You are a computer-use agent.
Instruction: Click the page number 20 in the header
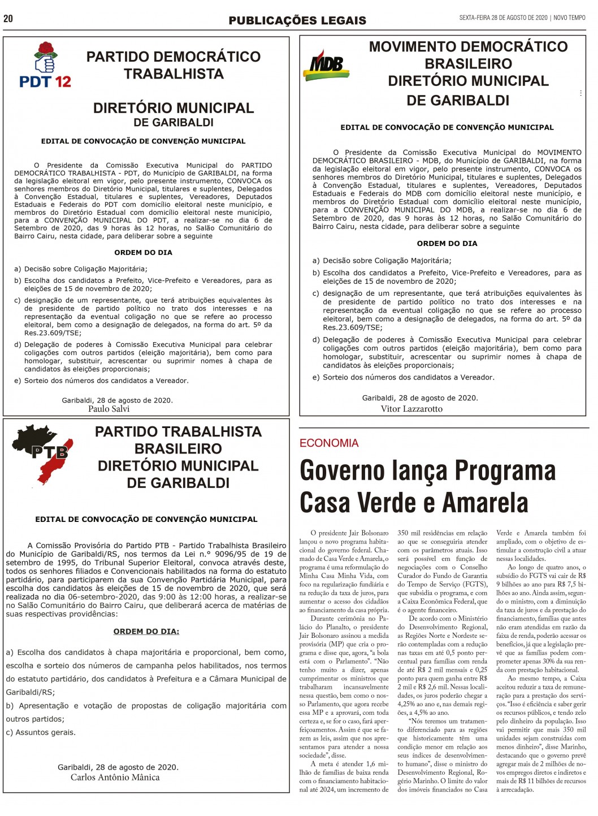point(8,19)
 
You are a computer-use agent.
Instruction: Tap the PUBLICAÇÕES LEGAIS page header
point(297,20)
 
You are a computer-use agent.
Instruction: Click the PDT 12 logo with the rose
point(46,65)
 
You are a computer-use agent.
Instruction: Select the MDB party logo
point(326,64)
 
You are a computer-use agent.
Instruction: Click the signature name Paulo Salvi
point(109,408)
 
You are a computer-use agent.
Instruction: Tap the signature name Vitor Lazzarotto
point(411,408)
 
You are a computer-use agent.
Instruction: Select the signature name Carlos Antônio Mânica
point(115,777)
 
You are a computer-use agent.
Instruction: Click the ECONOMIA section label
point(329,443)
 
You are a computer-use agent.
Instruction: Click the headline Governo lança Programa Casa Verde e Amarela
point(428,486)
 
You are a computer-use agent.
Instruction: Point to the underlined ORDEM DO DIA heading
point(146,631)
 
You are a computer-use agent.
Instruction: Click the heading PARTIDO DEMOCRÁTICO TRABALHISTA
point(174,65)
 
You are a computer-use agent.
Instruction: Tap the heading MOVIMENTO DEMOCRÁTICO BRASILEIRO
point(468,55)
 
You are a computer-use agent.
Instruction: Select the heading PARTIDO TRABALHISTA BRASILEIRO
point(178,440)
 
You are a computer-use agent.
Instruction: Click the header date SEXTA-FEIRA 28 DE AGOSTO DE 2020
point(503,18)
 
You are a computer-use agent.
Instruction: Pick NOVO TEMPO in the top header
point(570,18)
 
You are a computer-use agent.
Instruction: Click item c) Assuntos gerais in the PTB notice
point(41,732)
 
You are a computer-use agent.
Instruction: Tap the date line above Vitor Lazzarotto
point(420,398)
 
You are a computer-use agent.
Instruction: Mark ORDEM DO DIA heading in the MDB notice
point(447,244)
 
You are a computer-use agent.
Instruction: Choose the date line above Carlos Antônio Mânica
point(118,767)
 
